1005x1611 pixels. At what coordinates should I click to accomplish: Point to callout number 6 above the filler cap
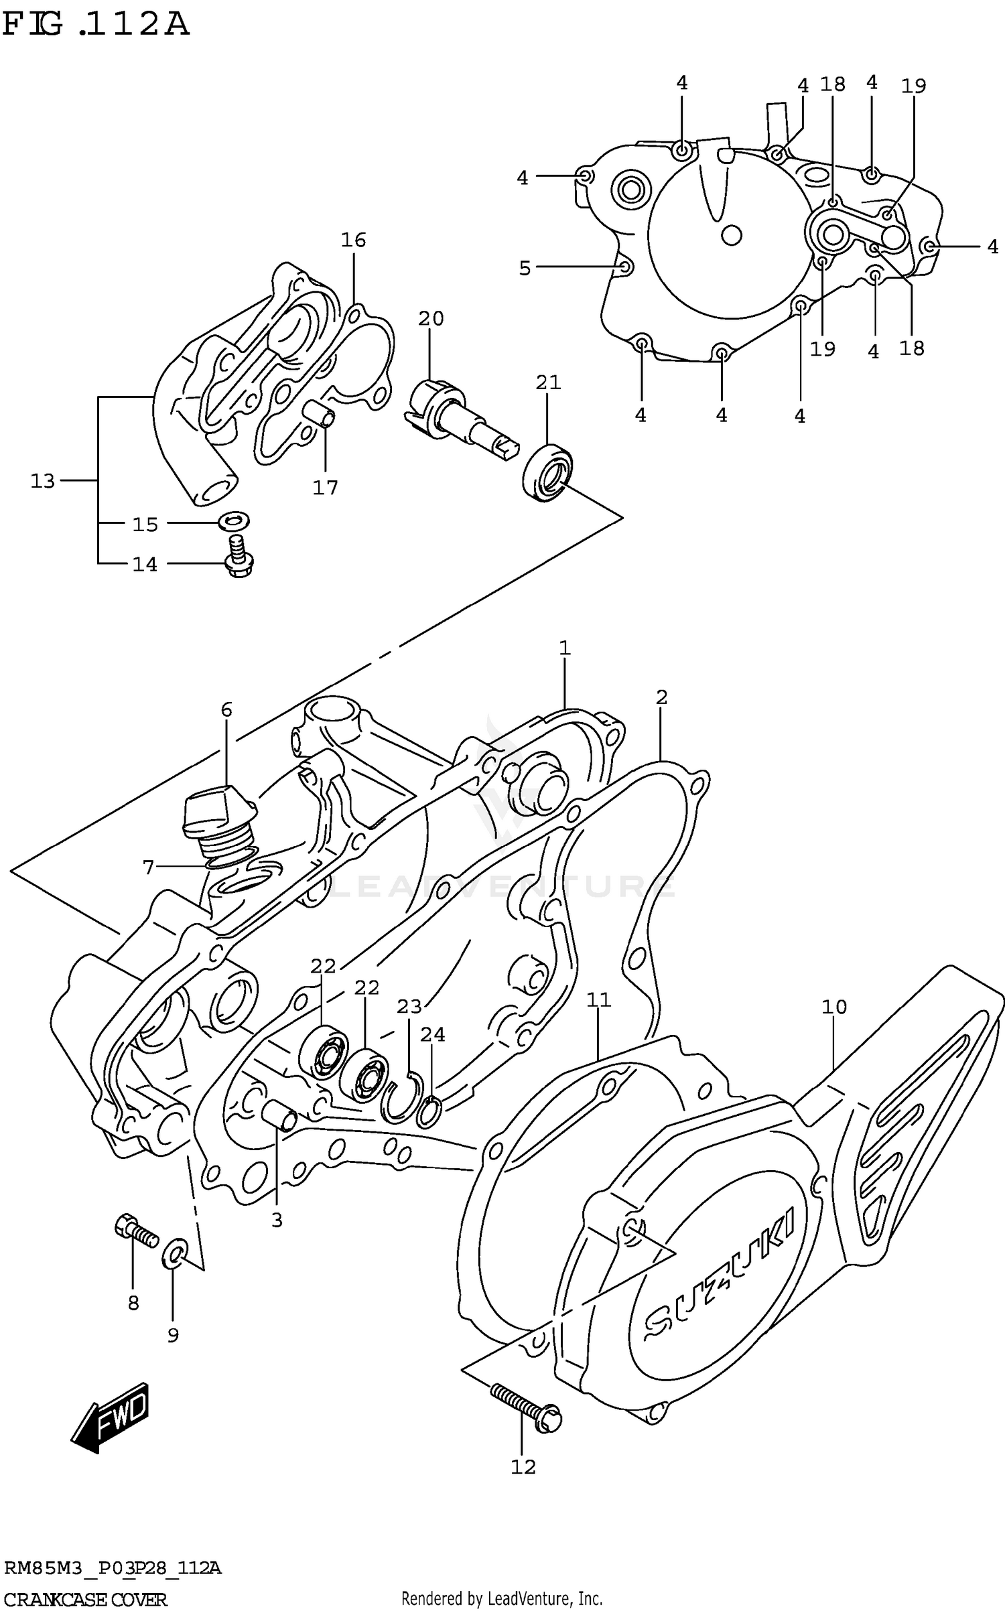[226, 709]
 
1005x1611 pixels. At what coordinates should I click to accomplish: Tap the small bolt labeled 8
[136, 1229]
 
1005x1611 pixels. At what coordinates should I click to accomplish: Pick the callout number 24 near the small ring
[433, 1035]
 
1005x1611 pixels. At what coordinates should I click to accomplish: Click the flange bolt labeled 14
[239, 557]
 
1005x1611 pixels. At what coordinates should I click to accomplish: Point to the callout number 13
[42, 481]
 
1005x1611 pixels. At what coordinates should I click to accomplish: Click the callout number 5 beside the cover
[525, 269]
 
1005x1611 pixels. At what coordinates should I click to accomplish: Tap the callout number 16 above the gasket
[353, 240]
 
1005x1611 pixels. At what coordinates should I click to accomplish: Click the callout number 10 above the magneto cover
[834, 1007]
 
